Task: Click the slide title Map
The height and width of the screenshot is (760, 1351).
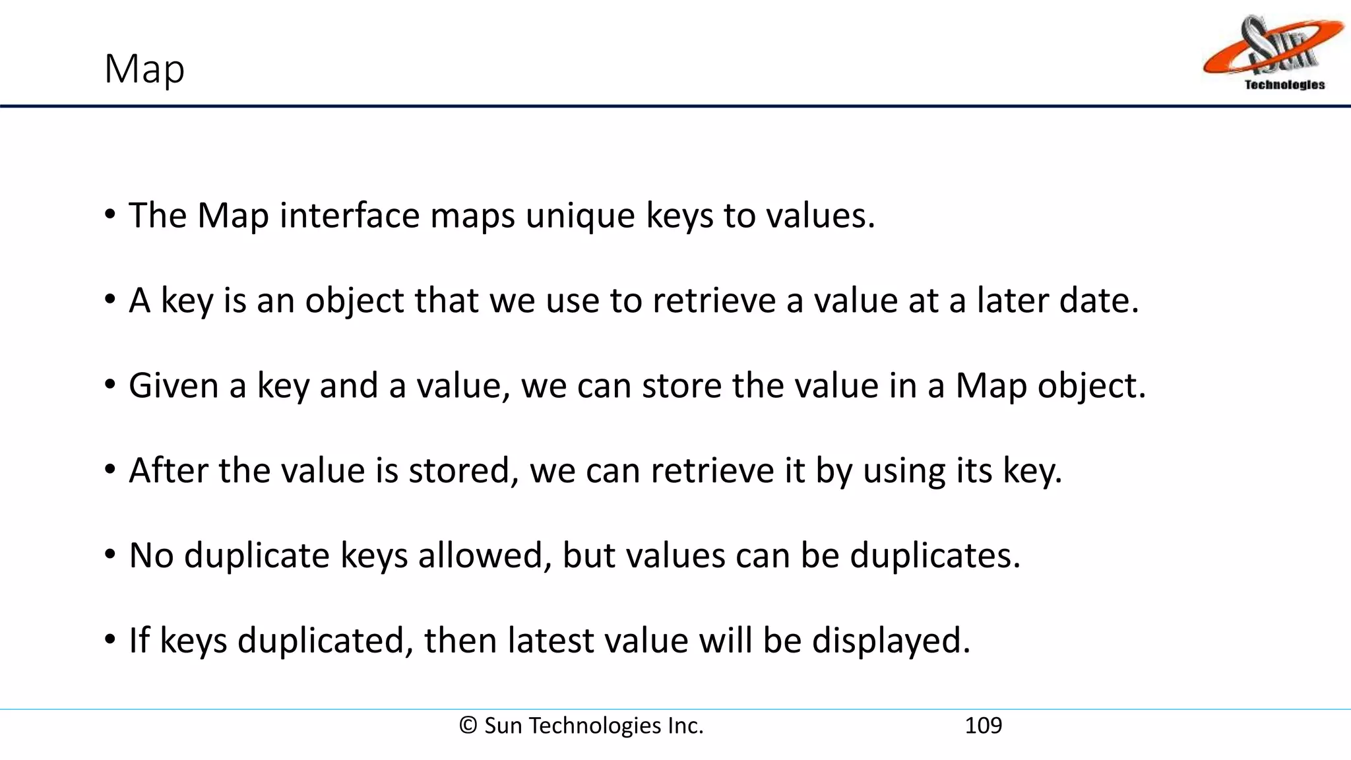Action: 144,69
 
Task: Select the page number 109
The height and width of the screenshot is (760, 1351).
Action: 983,726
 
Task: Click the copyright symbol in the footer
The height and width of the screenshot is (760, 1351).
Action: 468,726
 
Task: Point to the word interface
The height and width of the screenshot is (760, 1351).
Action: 349,215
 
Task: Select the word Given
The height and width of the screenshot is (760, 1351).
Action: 173,385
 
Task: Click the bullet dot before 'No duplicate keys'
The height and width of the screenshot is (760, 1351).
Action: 110,554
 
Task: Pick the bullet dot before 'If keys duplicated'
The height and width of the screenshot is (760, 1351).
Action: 110,639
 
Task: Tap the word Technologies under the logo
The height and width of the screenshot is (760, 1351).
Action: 1284,84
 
